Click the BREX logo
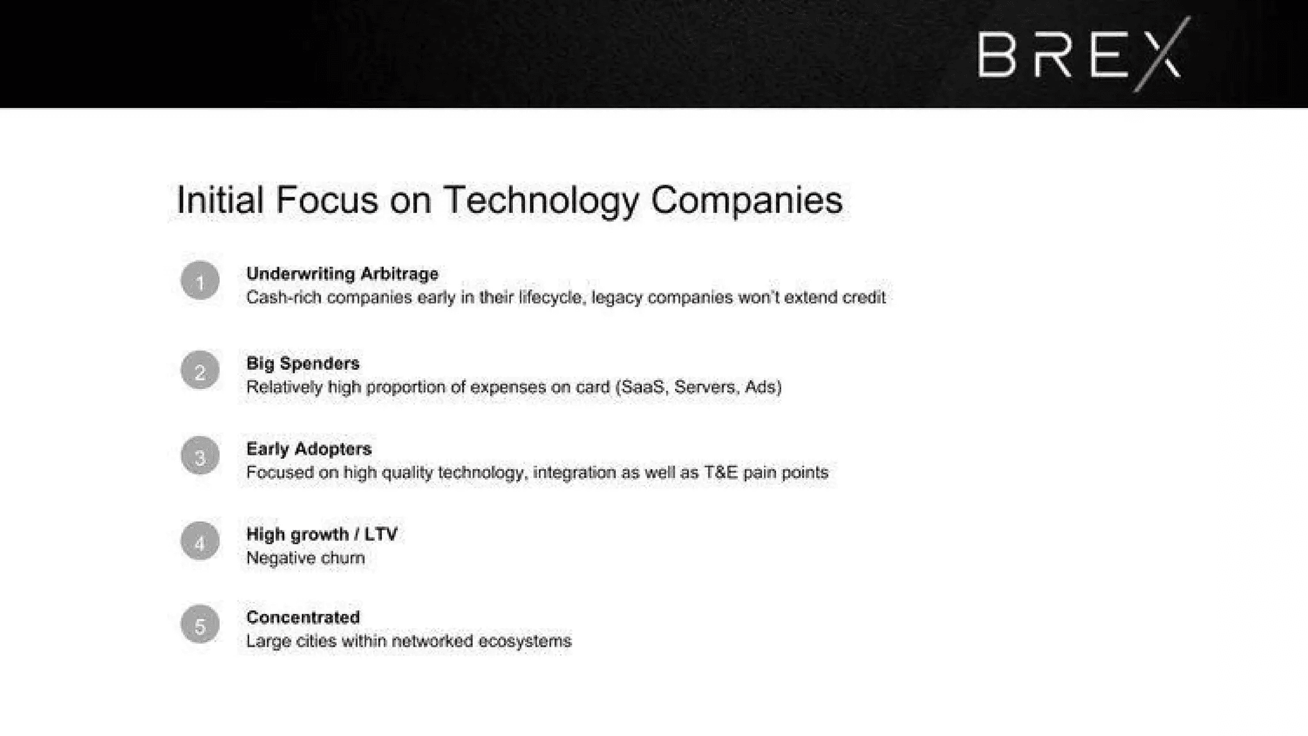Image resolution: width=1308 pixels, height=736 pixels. pos(1084,55)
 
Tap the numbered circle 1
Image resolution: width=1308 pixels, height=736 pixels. pos(200,280)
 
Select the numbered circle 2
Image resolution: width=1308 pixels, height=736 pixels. pos(200,370)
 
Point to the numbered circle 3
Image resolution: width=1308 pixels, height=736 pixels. pos(200,456)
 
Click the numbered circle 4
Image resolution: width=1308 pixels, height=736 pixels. pos(200,541)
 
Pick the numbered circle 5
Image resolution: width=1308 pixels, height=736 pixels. pos(200,624)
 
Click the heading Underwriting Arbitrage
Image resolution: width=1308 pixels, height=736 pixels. pos(342,274)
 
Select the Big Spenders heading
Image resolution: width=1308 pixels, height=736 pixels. pos(303,364)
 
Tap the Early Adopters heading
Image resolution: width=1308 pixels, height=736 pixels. pos(309,448)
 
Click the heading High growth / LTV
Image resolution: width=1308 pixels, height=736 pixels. pos(322,534)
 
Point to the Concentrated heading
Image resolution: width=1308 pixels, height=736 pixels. pos(303,617)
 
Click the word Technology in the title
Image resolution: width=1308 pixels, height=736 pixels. pos(540,201)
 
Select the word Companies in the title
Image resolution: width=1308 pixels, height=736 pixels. pos(747,201)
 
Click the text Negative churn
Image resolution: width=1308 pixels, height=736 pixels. pos(305,558)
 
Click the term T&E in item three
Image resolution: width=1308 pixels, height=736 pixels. pos(720,472)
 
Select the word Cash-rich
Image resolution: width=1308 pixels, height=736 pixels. pos(284,297)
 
